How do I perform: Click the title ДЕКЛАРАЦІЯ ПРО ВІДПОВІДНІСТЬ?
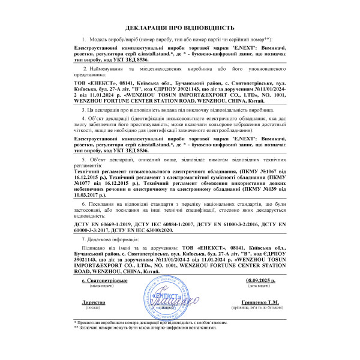[180, 28]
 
